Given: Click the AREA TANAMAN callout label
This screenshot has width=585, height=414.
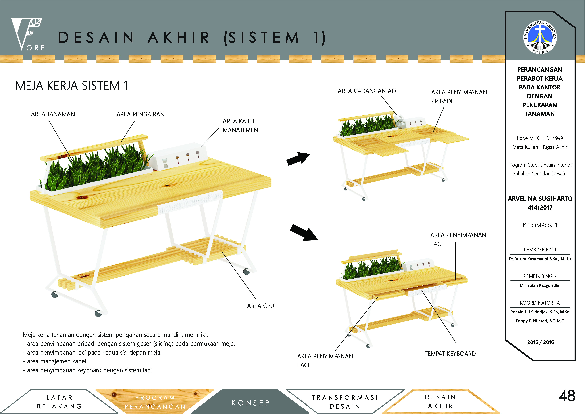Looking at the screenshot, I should (x=53, y=114).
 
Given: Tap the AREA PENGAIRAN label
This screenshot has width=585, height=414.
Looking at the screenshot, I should (x=140, y=114).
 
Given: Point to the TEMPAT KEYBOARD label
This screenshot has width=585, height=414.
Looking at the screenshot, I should (x=450, y=354).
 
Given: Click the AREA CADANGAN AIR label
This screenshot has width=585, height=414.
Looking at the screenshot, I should (x=367, y=91).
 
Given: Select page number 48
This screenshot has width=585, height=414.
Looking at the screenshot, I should (x=567, y=396).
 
